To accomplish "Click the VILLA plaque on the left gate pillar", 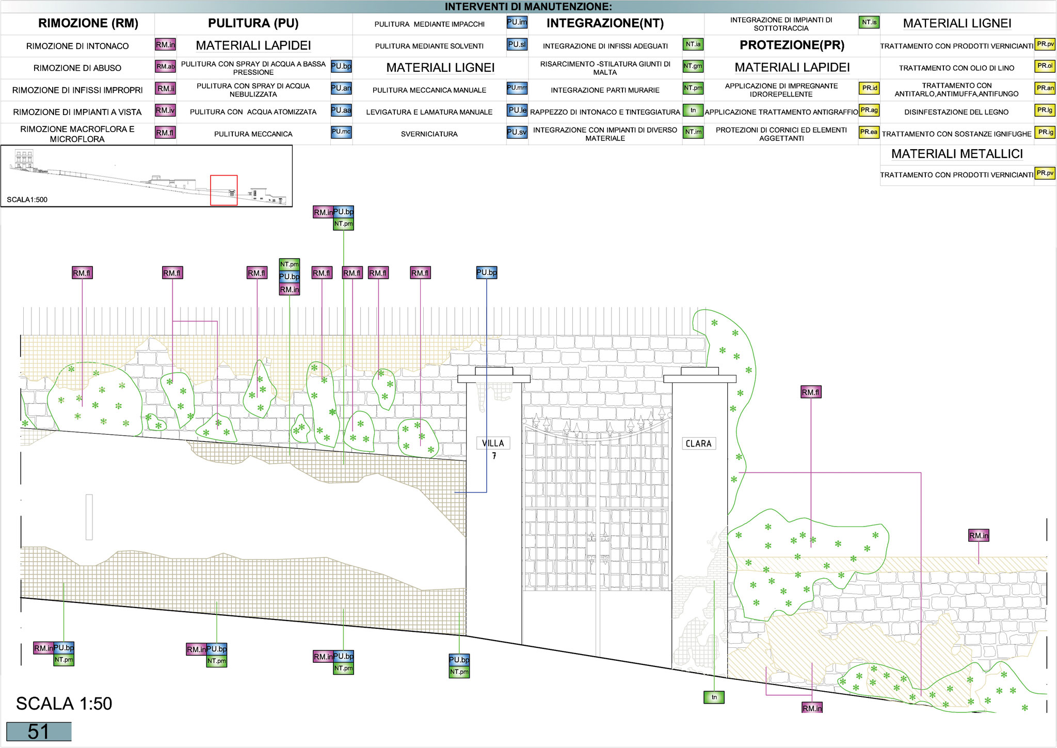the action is click(x=492, y=443).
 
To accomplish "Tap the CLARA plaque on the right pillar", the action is click(x=698, y=443).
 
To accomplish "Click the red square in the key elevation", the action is click(x=224, y=190).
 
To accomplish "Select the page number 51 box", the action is click(x=39, y=731).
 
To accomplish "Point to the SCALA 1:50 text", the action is click(x=64, y=704).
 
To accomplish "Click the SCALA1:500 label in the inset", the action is click(x=27, y=200).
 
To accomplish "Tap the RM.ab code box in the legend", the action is click(x=166, y=67).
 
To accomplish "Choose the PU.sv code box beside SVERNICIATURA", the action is click(x=517, y=132).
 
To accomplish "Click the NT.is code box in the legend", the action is click(x=869, y=22).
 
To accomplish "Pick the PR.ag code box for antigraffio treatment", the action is click(x=869, y=110).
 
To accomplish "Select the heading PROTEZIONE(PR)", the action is click(x=792, y=45).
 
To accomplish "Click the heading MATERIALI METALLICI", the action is click(x=957, y=154).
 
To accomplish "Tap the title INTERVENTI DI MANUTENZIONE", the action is click(x=528, y=7).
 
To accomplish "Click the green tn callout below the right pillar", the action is click(x=714, y=697).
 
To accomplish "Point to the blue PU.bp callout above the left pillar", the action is click(x=487, y=273).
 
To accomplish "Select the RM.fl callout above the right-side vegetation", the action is click(x=811, y=392).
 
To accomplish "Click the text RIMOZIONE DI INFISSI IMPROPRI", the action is click(x=77, y=90).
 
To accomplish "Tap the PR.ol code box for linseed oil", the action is click(x=1045, y=66).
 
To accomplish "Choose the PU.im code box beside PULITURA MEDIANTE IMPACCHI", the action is click(x=517, y=22).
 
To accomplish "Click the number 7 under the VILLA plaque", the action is click(x=494, y=456).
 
